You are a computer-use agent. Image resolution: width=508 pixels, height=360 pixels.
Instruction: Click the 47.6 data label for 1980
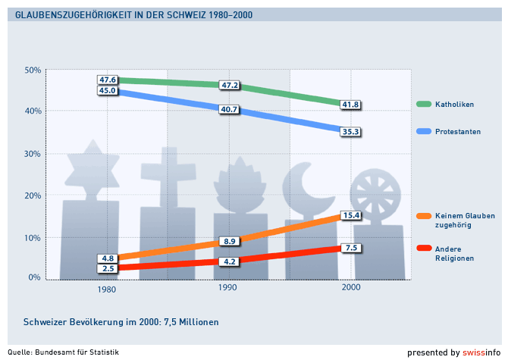[x=107, y=80]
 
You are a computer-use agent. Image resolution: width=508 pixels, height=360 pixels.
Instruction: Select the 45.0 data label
[x=107, y=91]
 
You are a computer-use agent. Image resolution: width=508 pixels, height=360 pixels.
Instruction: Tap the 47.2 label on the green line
[x=229, y=85]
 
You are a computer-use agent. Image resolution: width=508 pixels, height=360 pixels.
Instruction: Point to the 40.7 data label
[x=229, y=109]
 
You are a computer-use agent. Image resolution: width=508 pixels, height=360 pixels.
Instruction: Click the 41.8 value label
[x=350, y=105]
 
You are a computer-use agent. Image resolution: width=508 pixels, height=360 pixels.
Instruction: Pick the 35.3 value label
[x=350, y=131]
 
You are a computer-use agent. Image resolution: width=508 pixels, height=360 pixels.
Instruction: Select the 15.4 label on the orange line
[x=350, y=215]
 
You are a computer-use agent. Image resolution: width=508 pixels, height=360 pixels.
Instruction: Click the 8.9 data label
[x=229, y=241]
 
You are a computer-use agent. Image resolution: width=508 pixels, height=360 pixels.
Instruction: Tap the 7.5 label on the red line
[x=350, y=248]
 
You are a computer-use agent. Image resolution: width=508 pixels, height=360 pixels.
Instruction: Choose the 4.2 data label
[x=229, y=261]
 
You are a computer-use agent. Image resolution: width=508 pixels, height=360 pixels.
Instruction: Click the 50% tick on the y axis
[x=33, y=70]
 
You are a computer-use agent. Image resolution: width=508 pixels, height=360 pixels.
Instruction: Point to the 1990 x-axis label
[x=227, y=289]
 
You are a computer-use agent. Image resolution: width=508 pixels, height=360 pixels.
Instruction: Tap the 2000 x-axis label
[x=351, y=289]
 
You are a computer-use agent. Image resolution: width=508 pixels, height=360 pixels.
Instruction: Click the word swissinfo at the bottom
[x=483, y=352]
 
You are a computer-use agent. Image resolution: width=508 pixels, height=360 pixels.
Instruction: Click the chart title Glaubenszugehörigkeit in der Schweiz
[x=134, y=15]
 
